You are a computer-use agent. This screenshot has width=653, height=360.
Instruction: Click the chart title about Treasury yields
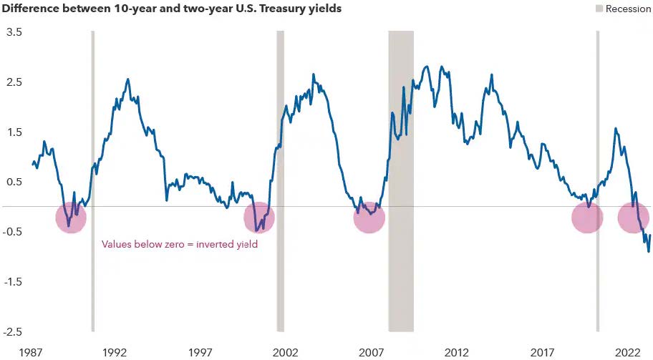click(x=172, y=9)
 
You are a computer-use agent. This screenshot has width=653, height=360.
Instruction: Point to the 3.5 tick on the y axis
click(x=14, y=32)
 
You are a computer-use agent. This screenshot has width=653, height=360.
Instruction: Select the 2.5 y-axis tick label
click(x=14, y=82)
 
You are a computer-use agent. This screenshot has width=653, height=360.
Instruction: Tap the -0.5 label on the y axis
click(x=14, y=232)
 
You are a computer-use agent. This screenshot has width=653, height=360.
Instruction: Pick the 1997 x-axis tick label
click(x=200, y=352)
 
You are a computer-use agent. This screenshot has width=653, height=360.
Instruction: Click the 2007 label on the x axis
click(x=372, y=352)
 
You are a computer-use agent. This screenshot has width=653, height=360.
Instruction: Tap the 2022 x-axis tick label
click(x=628, y=352)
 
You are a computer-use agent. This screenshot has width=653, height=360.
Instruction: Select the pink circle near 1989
click(x=71, y=218)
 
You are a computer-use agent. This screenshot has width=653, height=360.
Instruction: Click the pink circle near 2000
click(x=259, y=218)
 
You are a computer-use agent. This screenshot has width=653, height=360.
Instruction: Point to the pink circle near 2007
click(x=369, y=218)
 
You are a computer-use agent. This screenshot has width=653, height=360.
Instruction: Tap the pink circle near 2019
click(x=587, y=218)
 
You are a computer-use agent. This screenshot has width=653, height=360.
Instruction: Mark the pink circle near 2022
click(x=633, y=218)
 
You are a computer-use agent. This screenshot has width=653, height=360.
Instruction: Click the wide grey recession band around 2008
click(x=401, y=179)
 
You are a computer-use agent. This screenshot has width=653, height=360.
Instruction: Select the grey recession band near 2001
click(x=281, y=179)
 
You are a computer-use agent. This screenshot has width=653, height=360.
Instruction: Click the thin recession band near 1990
click(x=93, y=179)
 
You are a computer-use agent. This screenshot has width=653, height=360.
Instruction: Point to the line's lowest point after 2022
click(x=649, y=251)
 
